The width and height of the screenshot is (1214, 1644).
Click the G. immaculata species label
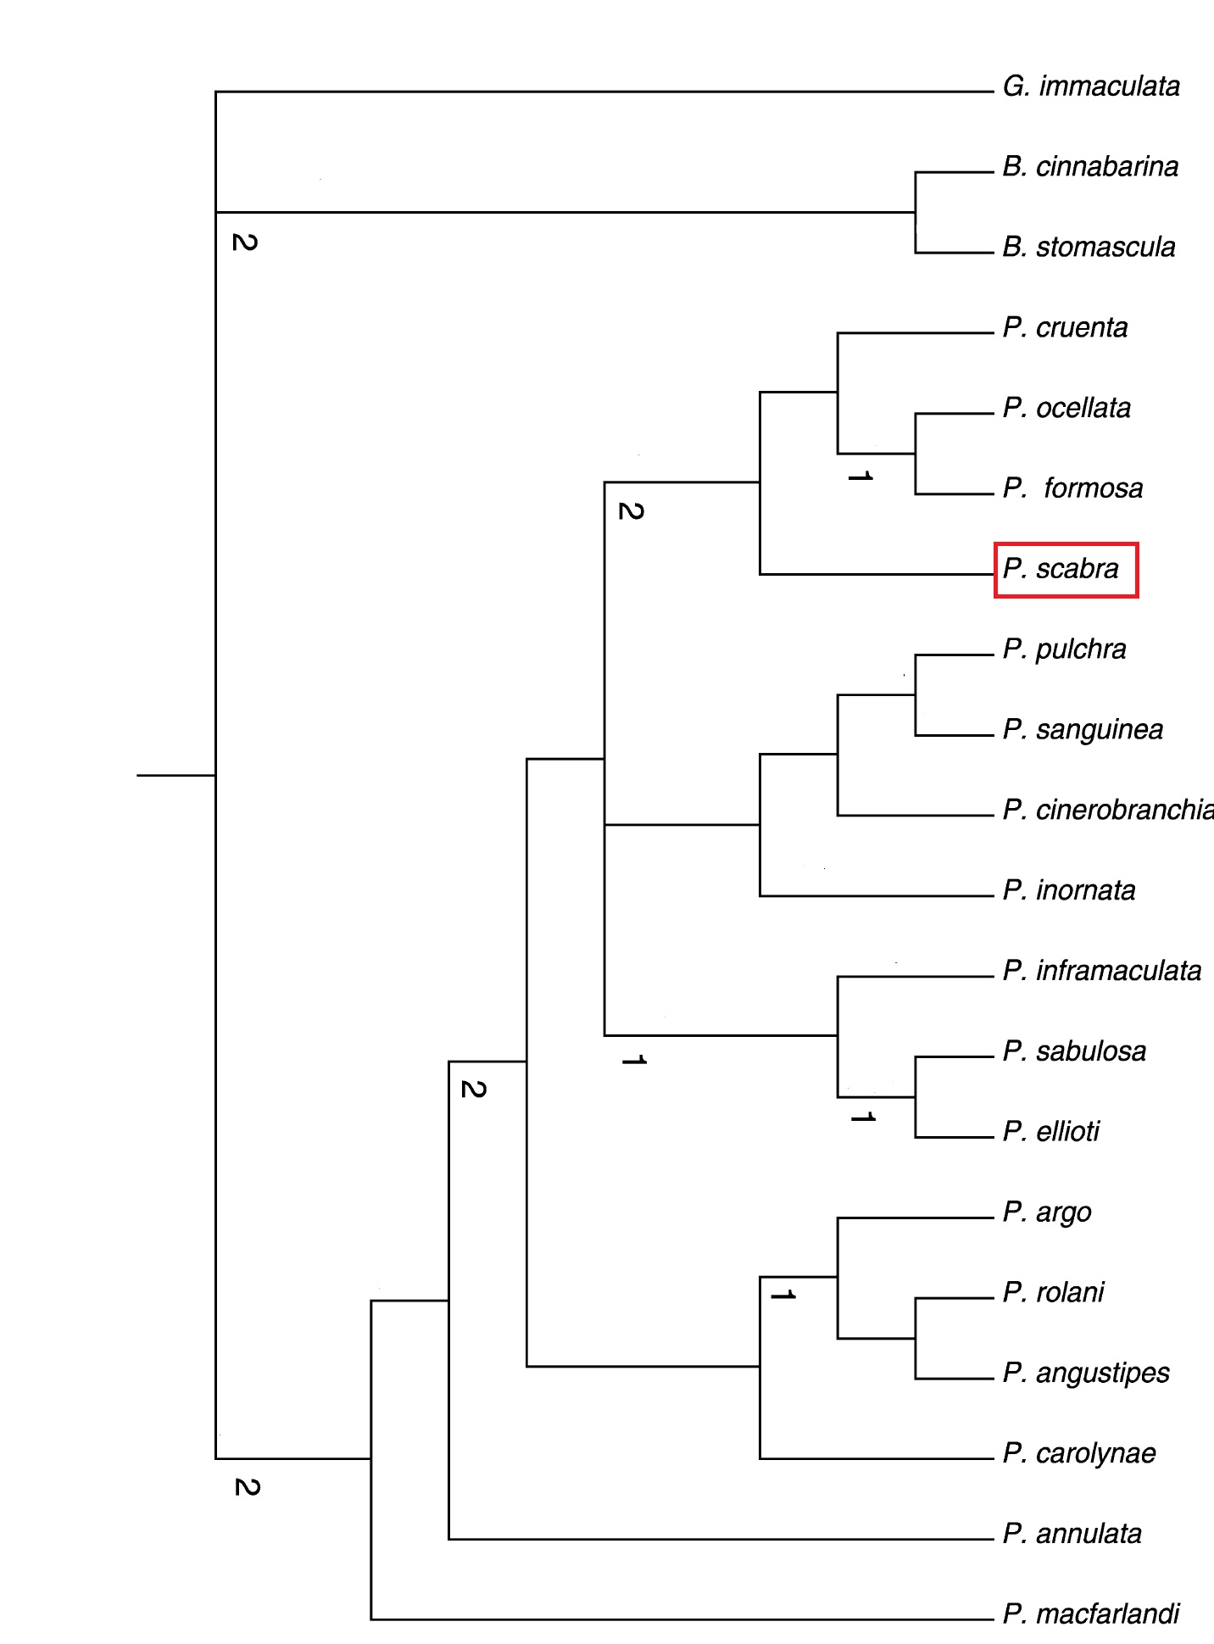click(1091, 86)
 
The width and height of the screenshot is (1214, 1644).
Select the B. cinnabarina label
click(1090, 167)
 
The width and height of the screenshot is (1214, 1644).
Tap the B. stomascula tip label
click(1089, 248)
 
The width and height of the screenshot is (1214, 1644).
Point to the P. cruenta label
click(1065, 328)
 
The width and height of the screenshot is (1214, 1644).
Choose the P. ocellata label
click(1066, 409)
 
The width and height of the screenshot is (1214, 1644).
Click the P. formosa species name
click(1072, 488)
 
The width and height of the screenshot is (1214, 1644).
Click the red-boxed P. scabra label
click(1061, 569)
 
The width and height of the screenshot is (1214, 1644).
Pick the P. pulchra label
click(1064, 650)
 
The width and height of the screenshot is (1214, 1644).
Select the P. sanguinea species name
click(1083, 731)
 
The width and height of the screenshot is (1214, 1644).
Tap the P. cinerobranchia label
click(1108, 811)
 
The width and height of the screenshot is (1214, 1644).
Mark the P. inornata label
click(1069, 890)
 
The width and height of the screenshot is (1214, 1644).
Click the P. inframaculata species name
click(1102, 971)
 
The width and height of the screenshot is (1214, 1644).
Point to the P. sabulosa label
click(1074, 1051)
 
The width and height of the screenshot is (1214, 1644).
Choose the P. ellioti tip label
click(1051, 1132)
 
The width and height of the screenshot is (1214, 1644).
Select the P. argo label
click(1047, 1213)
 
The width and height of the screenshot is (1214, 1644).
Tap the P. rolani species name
click(1053, 1293)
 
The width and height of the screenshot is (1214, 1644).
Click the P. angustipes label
click(1086, 1374)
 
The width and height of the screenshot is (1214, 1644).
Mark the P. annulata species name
click(1072, 1534)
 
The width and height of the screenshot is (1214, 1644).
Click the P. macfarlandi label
click(1091, 1614)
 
